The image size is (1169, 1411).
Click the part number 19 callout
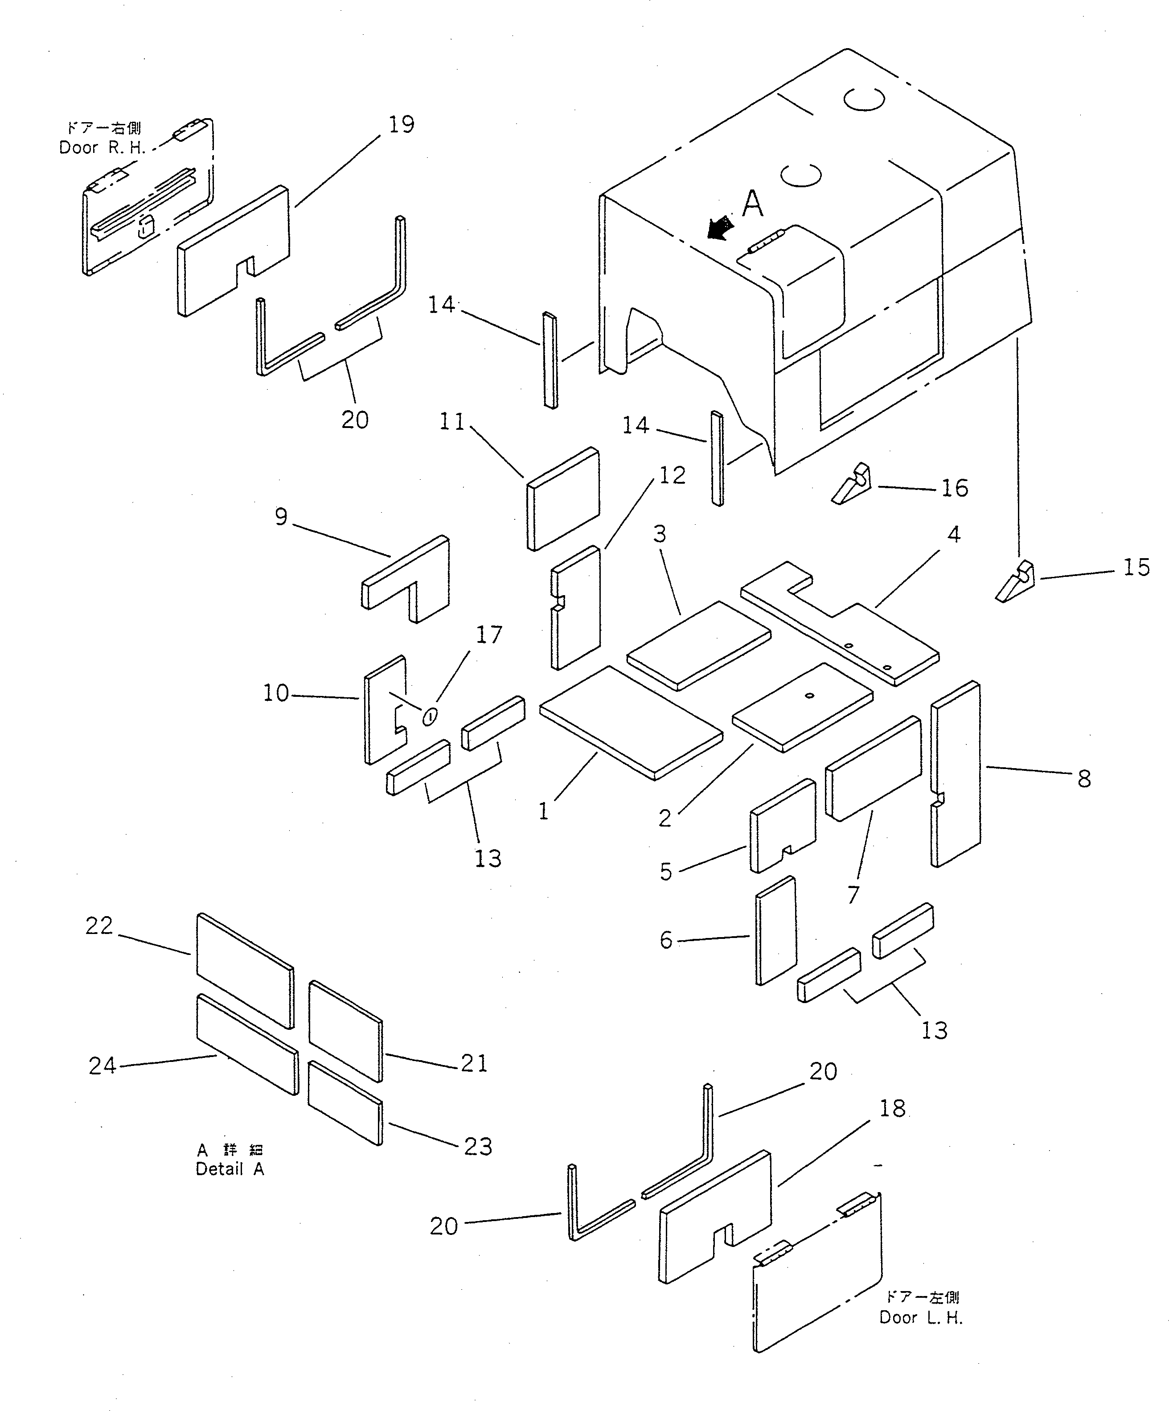[x=401, y=125]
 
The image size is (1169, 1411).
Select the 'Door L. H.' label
[x=921, y=1318]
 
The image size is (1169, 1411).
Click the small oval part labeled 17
[x=431, y=716]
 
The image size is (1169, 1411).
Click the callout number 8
[x=1084, y=779]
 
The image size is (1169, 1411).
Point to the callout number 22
[x=99, y=926]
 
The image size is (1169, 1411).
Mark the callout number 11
[x=451, y=422]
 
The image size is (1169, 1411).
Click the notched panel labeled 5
[x=782, y=826]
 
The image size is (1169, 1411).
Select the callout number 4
[x=953, y=534]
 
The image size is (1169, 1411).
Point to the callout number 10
[x=275, y=693]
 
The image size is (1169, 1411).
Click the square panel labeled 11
[x=563, y=498]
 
